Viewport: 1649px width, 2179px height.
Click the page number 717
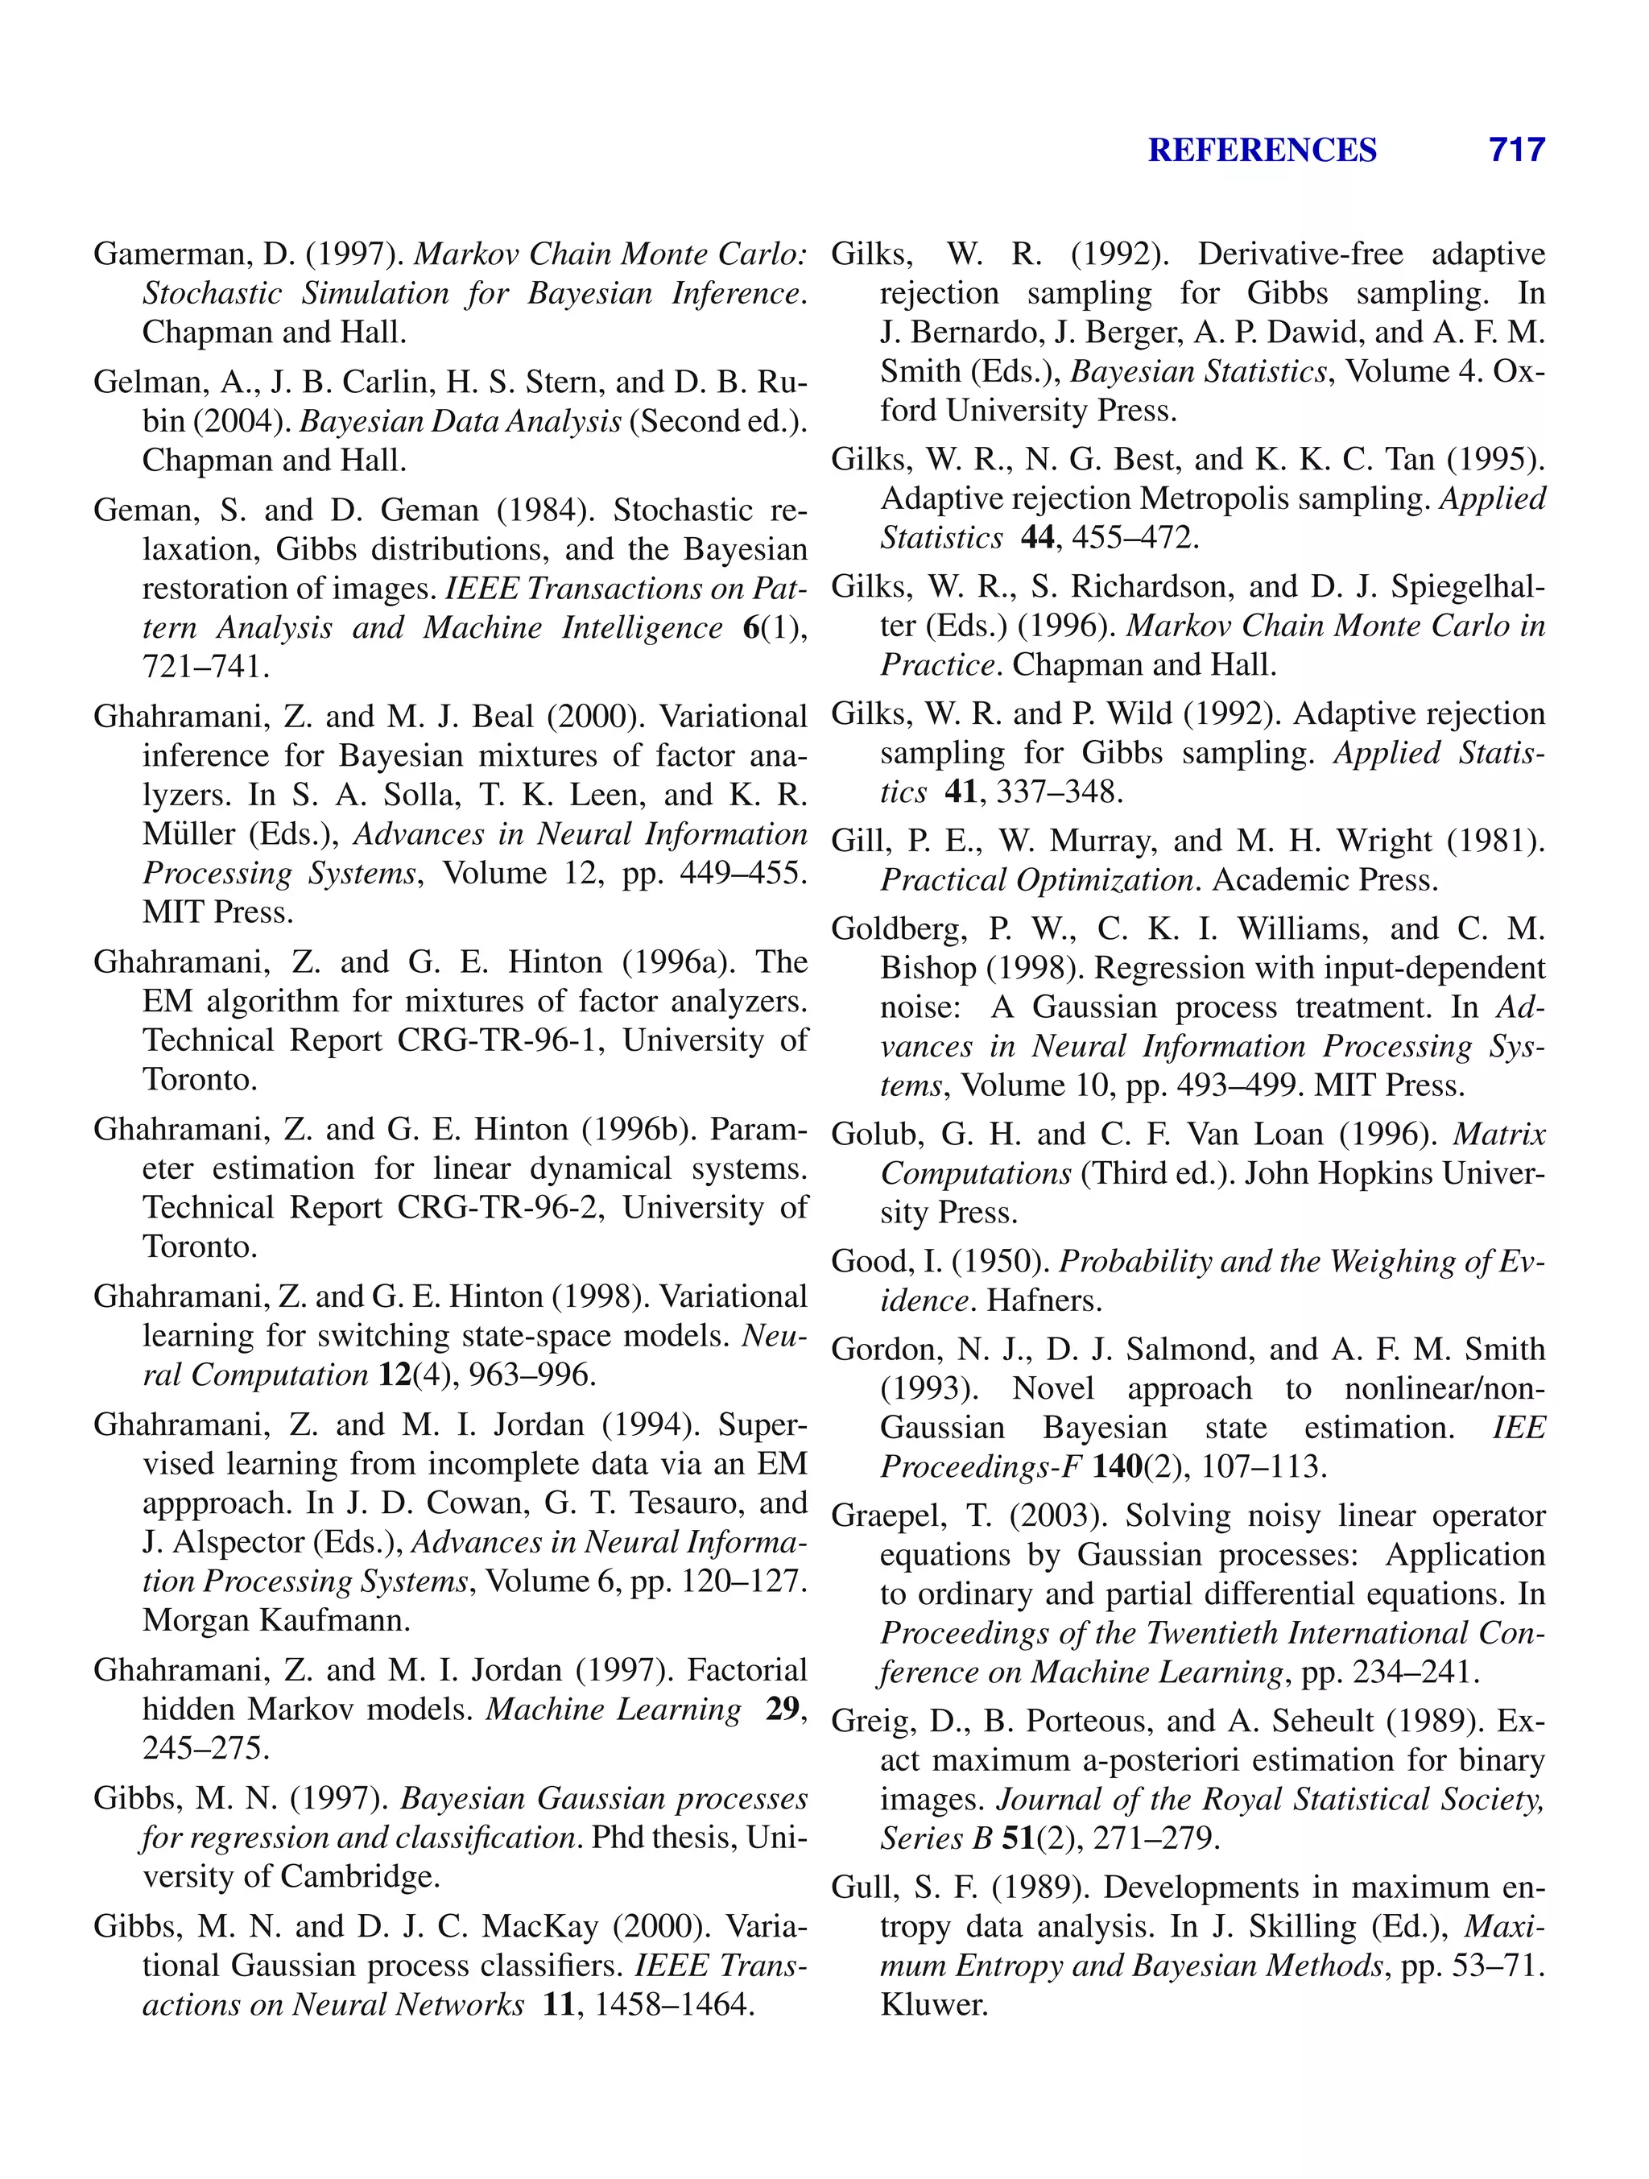(x=1516, y=150)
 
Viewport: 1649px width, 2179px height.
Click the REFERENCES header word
(x=1262, y=150)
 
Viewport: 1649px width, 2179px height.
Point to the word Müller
(x=189, y=834)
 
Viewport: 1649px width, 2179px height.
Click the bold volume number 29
(x=782, y=1709)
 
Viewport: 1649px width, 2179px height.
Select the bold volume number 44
(x=1038, y=538)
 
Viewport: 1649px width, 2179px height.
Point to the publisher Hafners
(x=1044, y=1301)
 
